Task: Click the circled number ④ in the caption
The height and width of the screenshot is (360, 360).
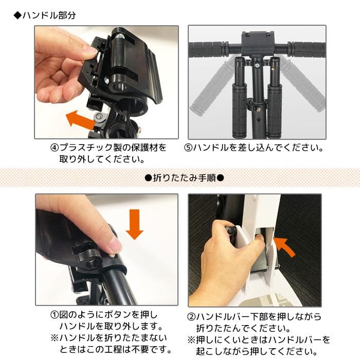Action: tap(55, 148)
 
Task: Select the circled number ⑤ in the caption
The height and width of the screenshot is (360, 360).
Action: tap(188, 148)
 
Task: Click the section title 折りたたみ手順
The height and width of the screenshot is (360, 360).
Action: tap(183, 178)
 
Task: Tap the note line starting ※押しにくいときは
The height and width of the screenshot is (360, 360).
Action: tap(259, 340)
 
